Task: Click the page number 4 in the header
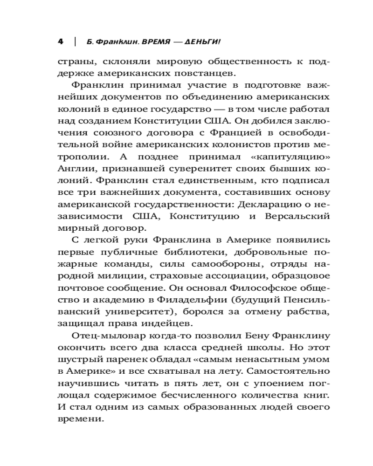click(60, 41)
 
